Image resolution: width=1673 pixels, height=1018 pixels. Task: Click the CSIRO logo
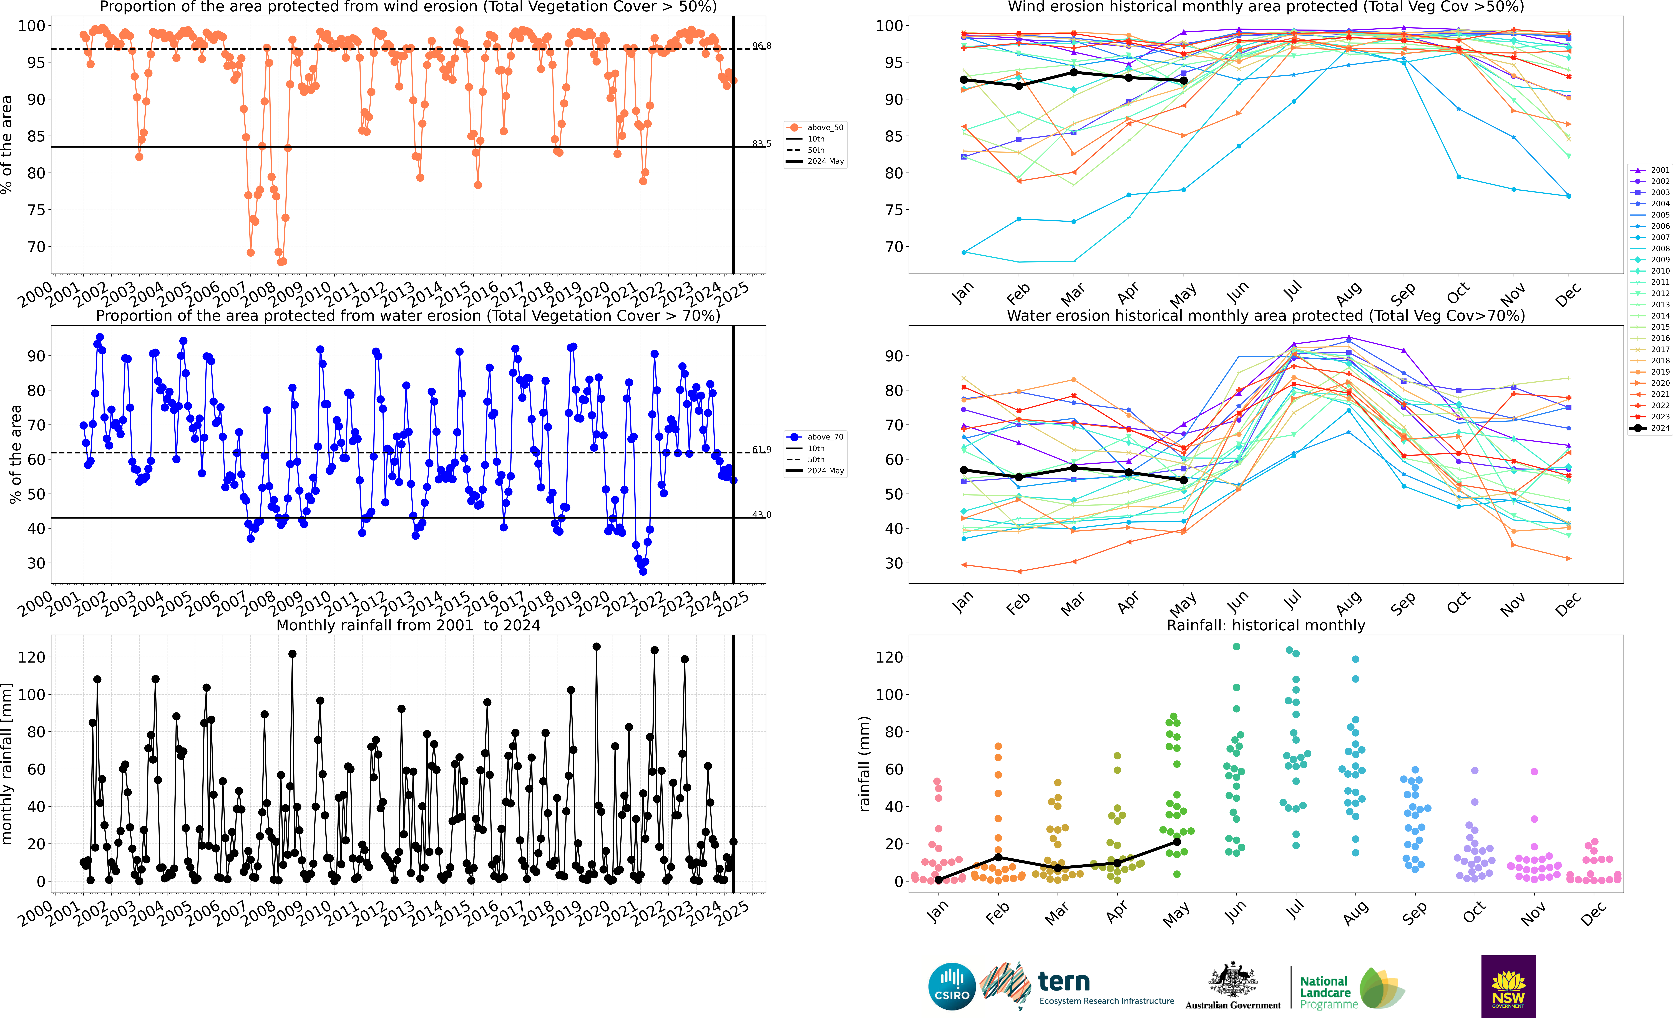pyautogui.click(x=952, y=986)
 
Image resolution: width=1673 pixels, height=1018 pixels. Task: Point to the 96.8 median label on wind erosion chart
pyautogui.click(x=761, y=46)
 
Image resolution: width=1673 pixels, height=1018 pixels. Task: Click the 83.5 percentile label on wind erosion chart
pyautogui.click(x=761, y=144)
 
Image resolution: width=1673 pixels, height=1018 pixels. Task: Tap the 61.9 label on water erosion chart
pyautogui.click(x=761, y=449)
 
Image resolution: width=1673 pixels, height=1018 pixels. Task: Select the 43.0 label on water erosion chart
pyautogui.click(x=761, y=514)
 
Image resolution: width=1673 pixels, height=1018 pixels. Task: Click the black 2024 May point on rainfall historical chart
pyautogui.click(x=1177, y=842)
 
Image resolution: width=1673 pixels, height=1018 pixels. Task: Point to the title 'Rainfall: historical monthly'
pyautogui.click(x=1266, y=625)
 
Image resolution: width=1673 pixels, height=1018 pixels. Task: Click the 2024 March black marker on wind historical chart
pyautogui.click(x=1073, y=72)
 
